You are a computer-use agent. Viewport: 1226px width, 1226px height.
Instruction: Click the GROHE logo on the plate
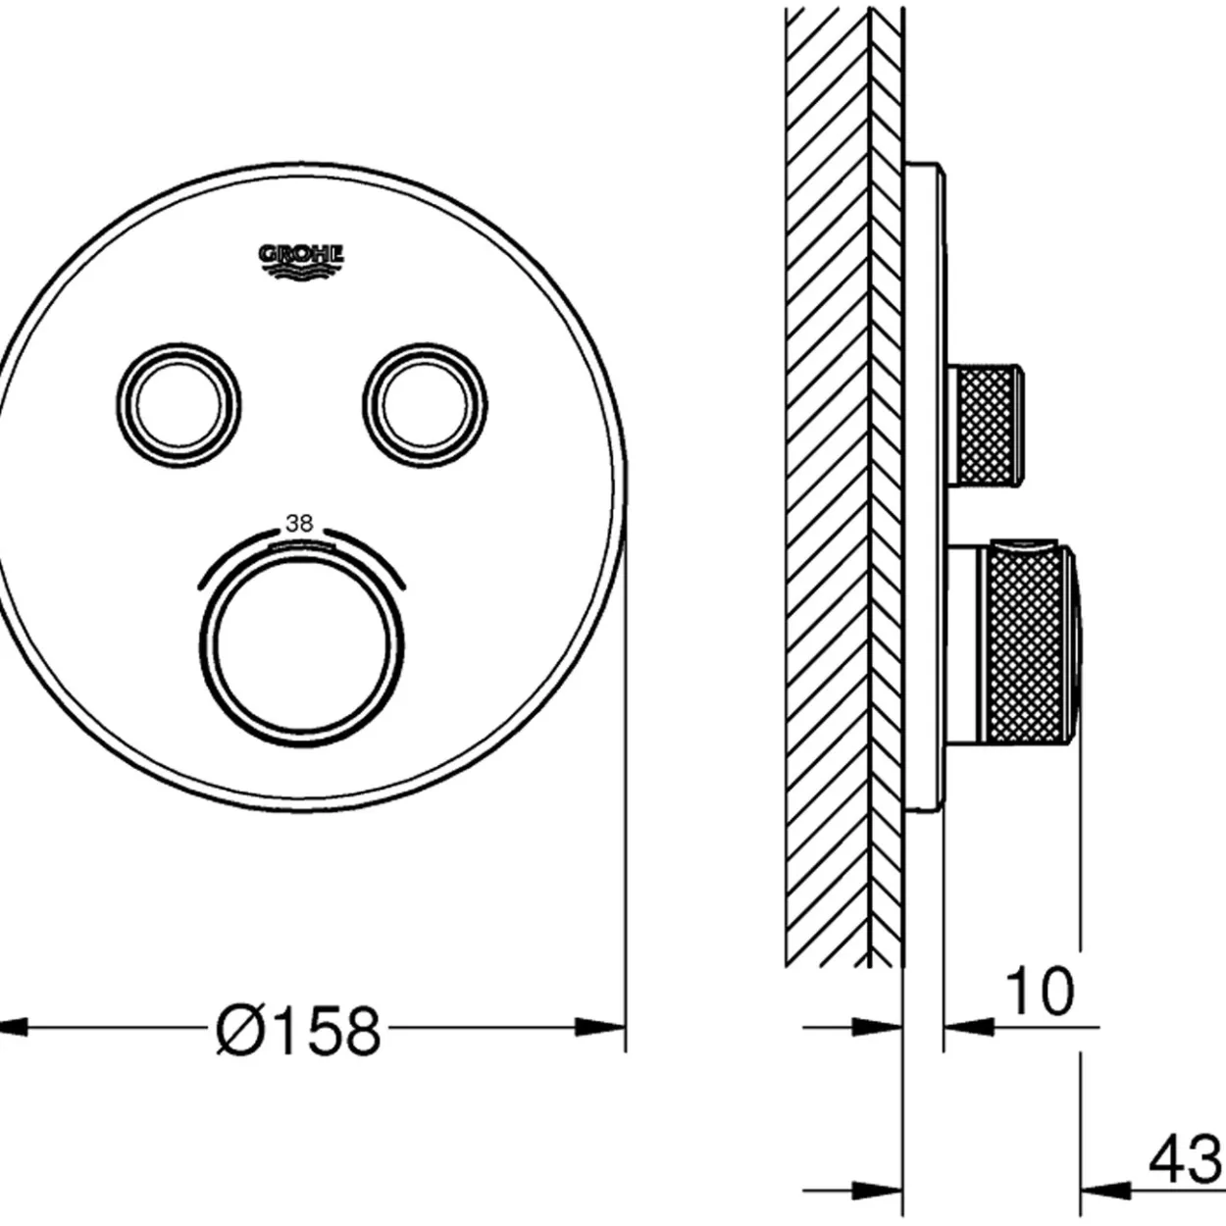click(301, 262)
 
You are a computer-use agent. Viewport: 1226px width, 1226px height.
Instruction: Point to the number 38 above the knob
click(299, 523)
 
